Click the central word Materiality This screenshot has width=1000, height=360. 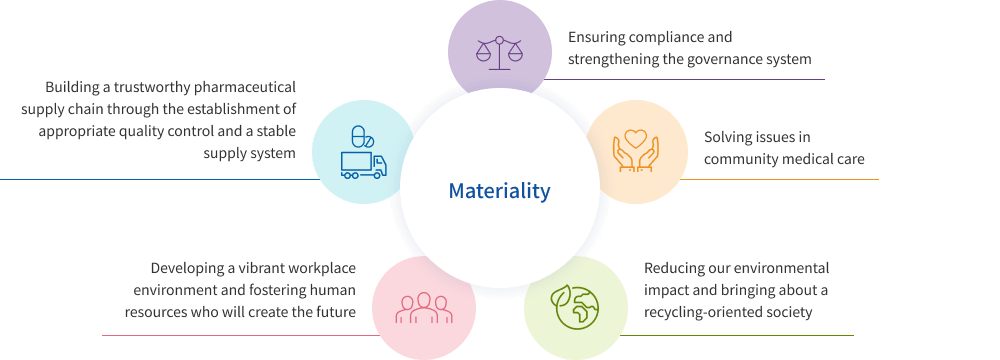point(499,190)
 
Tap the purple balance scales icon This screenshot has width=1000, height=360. point(499,52)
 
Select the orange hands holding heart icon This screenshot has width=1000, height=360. point(636,150)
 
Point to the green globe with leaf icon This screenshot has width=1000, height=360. point(575,307)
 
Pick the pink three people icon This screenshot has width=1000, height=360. point(424,308)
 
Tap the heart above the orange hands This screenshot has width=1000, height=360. point(636,138)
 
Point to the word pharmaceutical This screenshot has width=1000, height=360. point(251,87)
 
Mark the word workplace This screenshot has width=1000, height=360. point(323,268)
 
